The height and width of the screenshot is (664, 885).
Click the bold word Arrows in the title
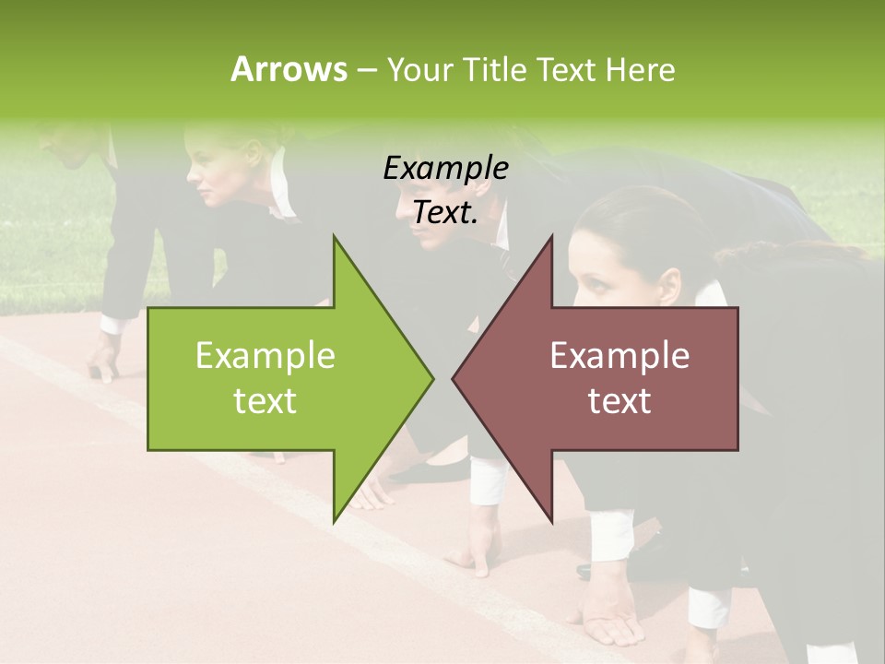[x=289, y=69]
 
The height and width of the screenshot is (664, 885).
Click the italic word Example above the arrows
[x=445, y=168]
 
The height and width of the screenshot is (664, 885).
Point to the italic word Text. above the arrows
[x=445, y=212]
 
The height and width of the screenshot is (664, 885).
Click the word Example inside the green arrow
[x=265, y=355]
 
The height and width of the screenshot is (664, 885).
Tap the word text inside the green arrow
[x=265, y=401]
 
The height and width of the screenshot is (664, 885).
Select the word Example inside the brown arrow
[x=619, y=355]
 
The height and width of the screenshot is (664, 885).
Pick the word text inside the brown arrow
[x=619, y=401]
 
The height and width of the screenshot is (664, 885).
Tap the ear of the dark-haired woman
[x=669, y=280]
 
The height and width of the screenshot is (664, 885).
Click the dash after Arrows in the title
[x=365, y=70]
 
